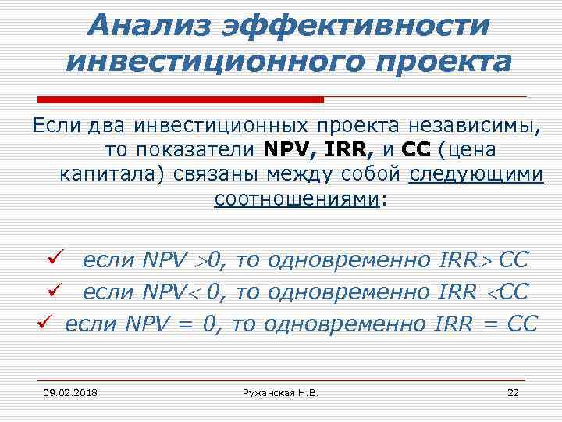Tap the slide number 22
(x=513, y=391)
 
